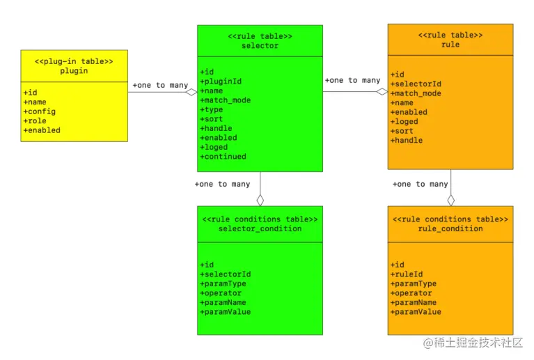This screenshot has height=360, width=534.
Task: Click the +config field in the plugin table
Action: point(40,111)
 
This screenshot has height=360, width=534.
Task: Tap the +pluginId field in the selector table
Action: point(221,81)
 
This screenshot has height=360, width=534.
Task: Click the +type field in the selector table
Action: point(212,110)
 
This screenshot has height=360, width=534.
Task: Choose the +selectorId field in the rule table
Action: point(416,84)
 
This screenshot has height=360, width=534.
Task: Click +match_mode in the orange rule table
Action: point(416,93)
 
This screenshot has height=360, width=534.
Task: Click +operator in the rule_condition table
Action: point(411,293)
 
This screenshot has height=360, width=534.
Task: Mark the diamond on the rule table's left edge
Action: point(382,91)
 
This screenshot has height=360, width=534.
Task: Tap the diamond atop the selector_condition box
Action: point(260,200)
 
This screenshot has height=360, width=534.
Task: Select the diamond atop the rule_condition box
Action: point(450,200)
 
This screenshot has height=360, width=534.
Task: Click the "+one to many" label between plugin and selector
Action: point(160,86)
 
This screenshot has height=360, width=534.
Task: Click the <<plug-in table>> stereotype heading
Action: point(74,61)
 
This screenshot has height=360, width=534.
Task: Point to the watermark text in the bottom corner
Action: point(473,343)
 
